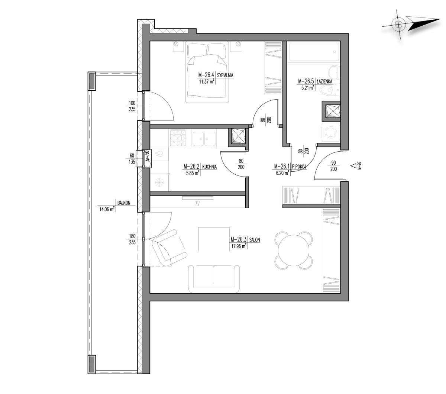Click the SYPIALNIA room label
click(225, 75)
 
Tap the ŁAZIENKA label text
click(324, 81)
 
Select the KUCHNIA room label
click(209, 167)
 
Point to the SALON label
click(255, 240)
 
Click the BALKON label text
click(124, 203)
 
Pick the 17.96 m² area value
click(239, 246)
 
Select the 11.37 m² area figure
click(207, 82)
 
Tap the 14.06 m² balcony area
click(107, 209)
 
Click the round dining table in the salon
click(294, 250)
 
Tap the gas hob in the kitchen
click(177, 138)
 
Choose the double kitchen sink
click(204, 139)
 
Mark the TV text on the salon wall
click(197, 204)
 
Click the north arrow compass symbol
click(410, 25)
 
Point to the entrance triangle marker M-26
click(353, 165)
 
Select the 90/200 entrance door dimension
click(333, 166)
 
